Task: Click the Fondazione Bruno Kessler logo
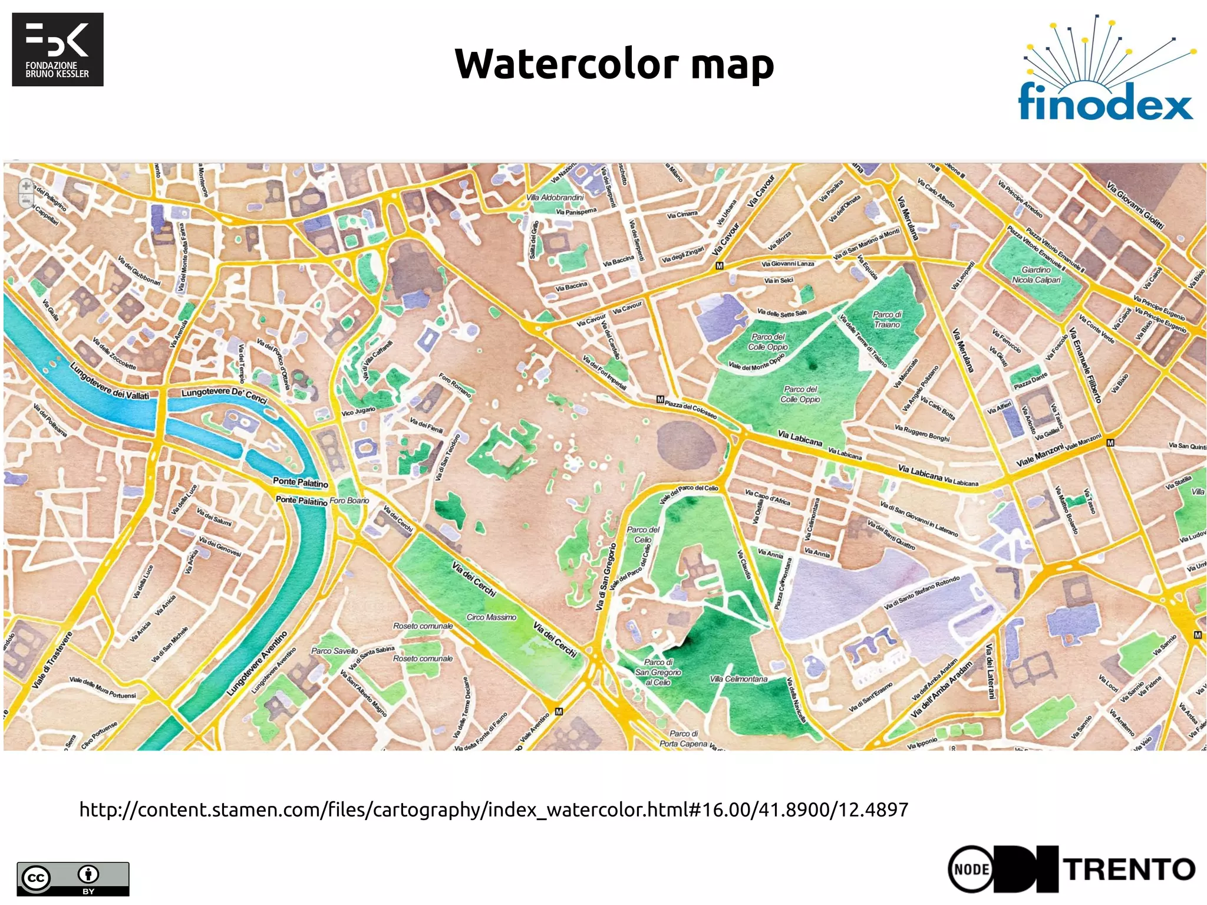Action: [x=58, y=50]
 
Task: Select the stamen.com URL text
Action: [x=493, y=809]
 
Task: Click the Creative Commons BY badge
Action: [x=72, y=878]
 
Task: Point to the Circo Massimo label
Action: [x=491, y=617]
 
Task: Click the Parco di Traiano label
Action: [x=887, y=319]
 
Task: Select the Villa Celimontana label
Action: [x=738, y=679]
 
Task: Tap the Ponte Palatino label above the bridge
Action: [x=300, y=482]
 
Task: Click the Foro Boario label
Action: [x=349, y=501]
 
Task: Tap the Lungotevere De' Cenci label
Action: [x=224, y=394]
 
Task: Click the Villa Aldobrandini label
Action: [x=554, y=198]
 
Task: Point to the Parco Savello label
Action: [x=334, y=651]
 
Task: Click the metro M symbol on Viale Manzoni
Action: [x=1110, y=442]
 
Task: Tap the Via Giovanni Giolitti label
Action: [x=1135, y=205]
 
